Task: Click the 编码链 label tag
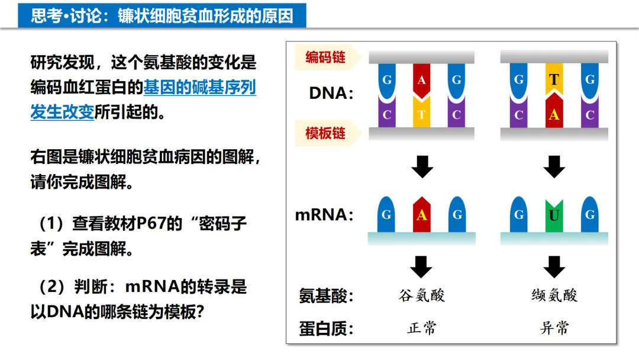[x=325, y=57]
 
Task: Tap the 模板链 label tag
[x=325, y=133]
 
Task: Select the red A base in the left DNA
[x=421, y=80]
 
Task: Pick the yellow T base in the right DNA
[x=554, y=80]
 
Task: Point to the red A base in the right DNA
[x=554, y=114]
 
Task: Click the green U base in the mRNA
[x=554, y=215]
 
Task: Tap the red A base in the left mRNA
[x=421, y=214]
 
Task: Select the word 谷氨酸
[x=421, y=295]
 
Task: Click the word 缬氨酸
[x=554, y=295]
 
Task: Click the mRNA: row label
[x=324, y=214]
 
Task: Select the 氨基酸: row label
[x=326, y=295]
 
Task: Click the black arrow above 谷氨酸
[x=421, y=266]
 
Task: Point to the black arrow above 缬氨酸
[x=554, y=266]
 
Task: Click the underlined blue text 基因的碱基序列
[x=200, y=88]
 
